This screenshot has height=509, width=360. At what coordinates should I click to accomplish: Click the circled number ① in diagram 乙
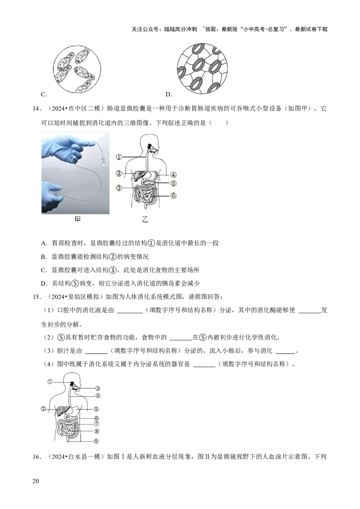coord(119,157)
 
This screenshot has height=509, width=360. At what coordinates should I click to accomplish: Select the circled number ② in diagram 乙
coord(119,173)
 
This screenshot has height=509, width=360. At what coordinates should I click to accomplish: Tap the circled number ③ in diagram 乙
coord(119,188)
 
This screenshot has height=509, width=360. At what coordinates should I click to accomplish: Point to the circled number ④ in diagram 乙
coord(173,174)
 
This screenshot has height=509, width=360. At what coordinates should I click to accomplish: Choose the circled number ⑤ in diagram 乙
coord(173,183)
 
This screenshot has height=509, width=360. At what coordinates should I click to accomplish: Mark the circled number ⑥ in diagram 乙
coord(173,196)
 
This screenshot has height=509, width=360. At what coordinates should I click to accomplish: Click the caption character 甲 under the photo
coord(77,220)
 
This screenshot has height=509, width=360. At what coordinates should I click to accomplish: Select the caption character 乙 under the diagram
coord(145,220)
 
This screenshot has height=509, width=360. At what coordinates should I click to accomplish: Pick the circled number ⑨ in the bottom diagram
coord(96,441)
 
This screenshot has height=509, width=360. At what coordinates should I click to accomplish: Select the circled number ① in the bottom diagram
coord(50,381)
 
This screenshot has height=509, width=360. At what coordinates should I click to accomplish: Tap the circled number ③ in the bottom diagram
coord(97,388)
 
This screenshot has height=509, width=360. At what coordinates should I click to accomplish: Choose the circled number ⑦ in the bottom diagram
coord(96,424)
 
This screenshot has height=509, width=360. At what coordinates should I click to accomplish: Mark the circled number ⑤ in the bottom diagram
coord(96,409)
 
